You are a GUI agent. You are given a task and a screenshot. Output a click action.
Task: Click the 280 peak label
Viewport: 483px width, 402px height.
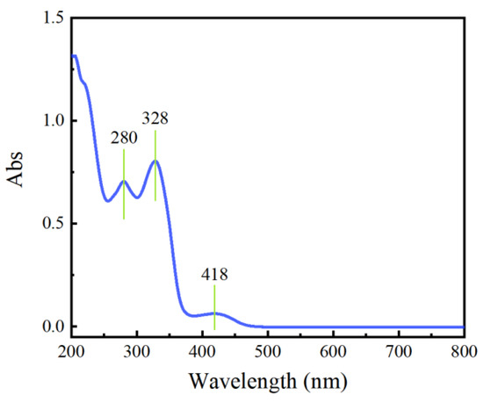pos(124,138)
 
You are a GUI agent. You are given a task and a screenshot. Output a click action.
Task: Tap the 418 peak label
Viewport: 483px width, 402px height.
pos(214,274)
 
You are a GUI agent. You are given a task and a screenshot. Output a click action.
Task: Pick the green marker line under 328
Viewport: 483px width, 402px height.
pos(155,167)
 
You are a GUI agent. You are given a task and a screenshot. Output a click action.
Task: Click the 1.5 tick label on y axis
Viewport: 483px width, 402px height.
pos(51,18)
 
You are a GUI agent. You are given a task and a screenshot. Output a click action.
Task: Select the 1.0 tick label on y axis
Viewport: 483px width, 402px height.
pos(51,120)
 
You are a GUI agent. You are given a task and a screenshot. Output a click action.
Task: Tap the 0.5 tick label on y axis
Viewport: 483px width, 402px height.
pos(51,224)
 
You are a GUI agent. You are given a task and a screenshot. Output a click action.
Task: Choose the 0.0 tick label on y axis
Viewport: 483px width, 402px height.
pos(51,327)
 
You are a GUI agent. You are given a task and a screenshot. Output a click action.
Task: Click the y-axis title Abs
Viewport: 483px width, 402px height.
pos(17,173)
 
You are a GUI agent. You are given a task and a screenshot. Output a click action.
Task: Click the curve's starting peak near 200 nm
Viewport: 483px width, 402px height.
pos(74,56)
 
